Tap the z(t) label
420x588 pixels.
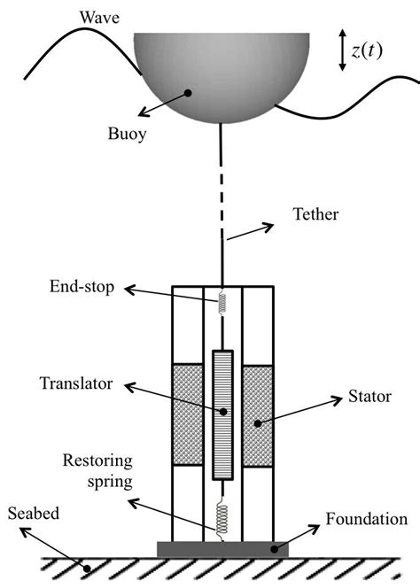click(x=366, y=51)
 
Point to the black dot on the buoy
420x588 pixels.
click(x=188, y=92)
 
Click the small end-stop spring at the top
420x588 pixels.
click(x=222, y=302)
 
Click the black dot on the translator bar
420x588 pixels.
click(x=222, y=411)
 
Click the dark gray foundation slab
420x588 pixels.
click(x=222, y=549)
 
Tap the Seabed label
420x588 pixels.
click(x=34, y=513)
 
